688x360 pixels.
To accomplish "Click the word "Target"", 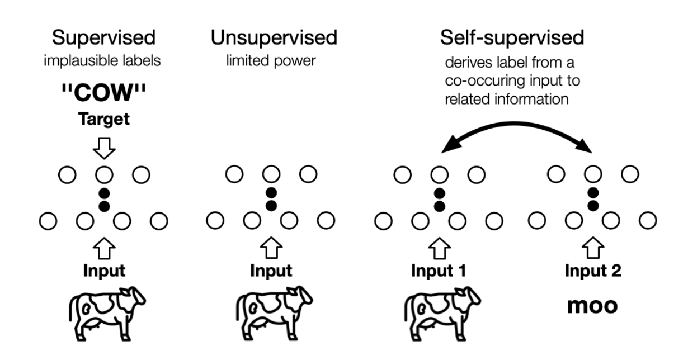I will point(103,120).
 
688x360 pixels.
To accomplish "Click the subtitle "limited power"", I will point(271,60).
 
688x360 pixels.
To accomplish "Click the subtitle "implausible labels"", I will point(103,60).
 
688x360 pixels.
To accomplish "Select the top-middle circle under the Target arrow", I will point(103,175).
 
